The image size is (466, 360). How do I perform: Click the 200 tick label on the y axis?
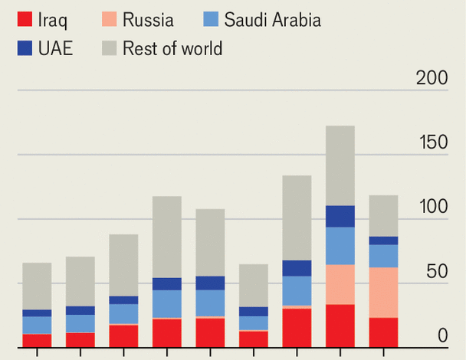click(x=431, y=77)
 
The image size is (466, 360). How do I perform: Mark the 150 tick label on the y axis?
click(x=431, y=142)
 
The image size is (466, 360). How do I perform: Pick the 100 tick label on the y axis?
click(x=431, y=207)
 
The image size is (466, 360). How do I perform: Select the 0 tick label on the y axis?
click(x=443, y=336)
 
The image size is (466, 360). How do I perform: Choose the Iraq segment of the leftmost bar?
click(x=37, y=340)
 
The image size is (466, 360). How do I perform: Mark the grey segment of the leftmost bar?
click(x=37, y=286)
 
